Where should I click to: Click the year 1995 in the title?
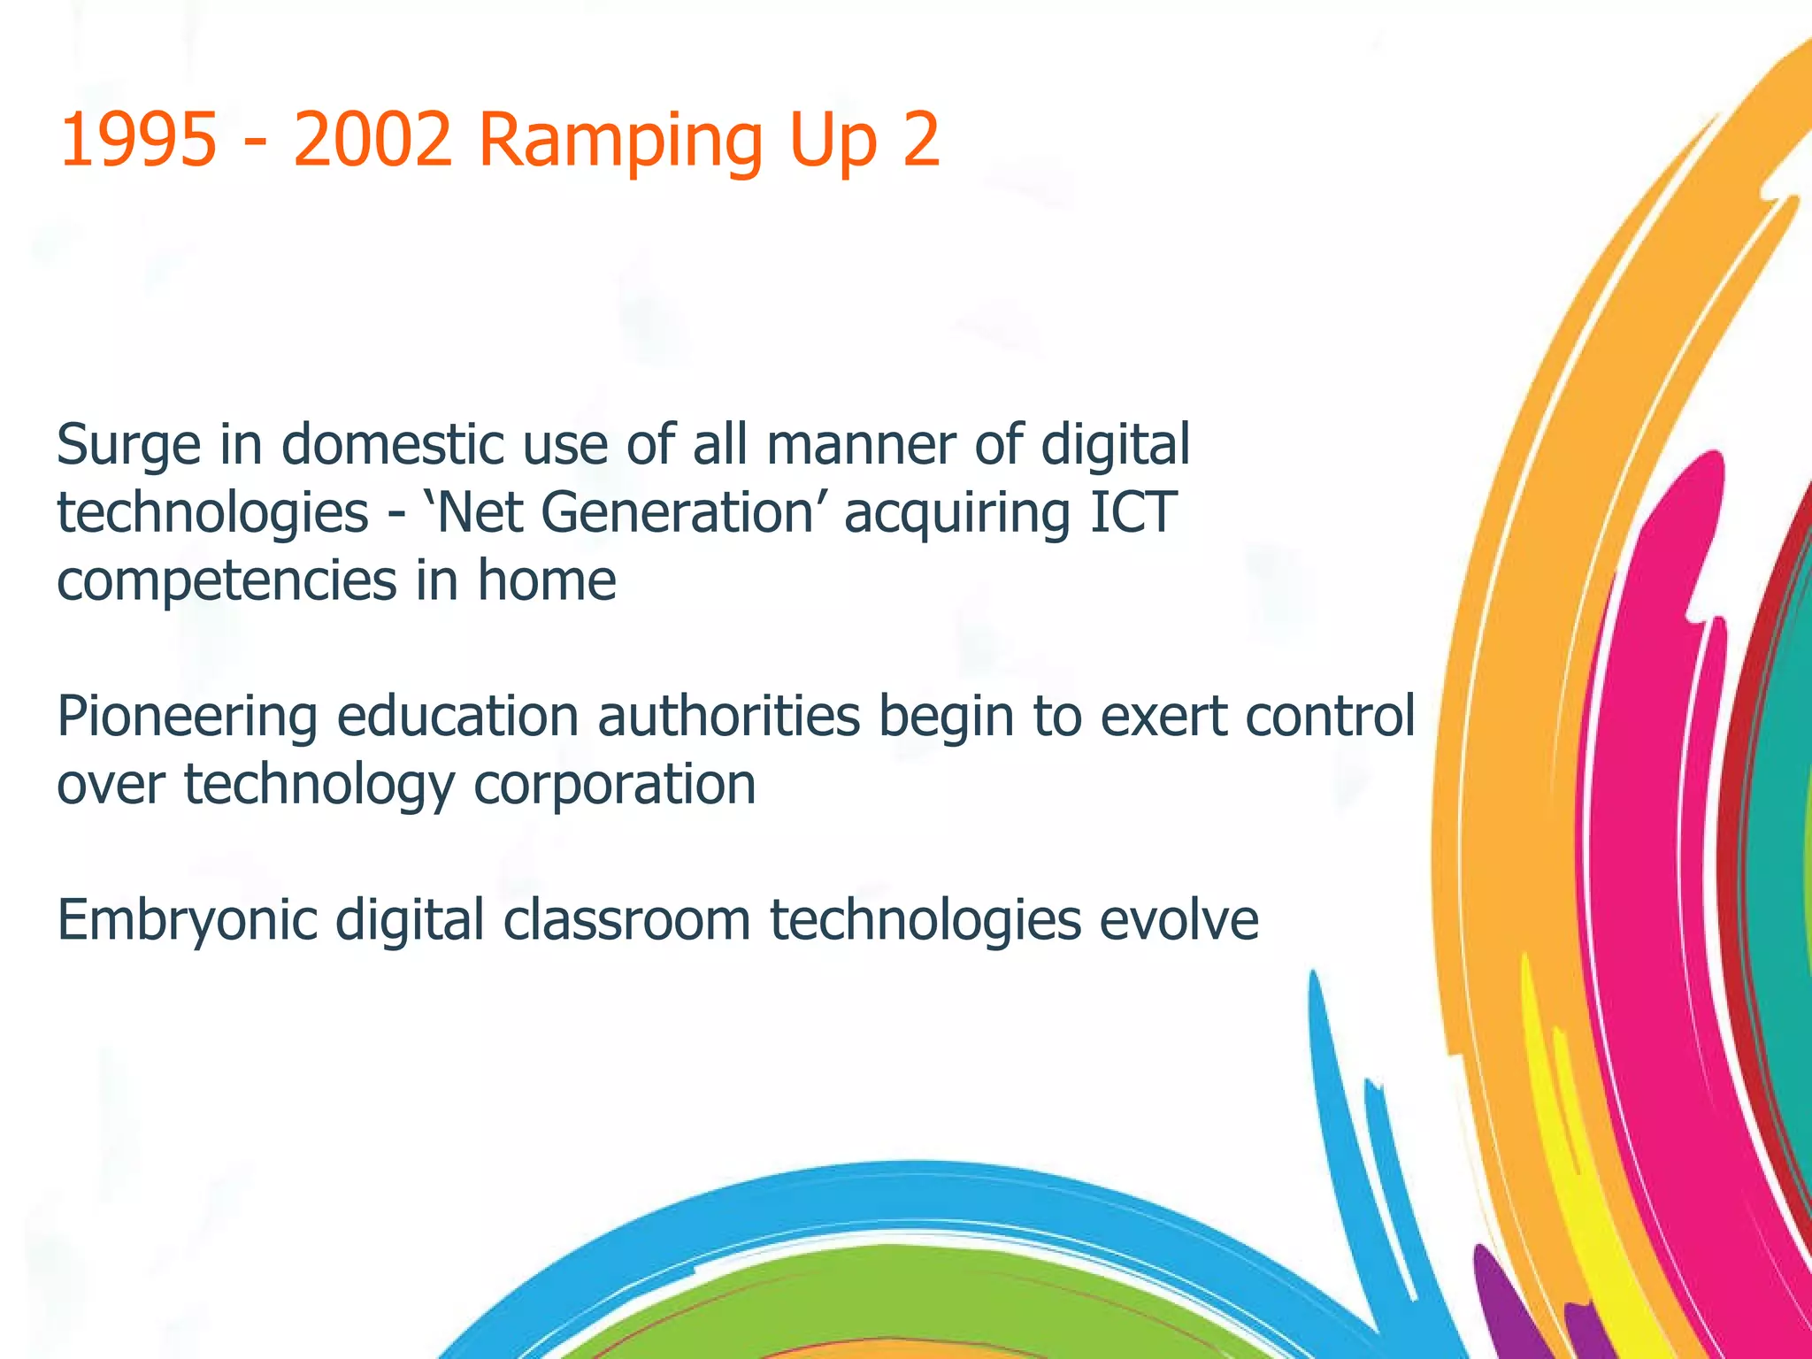(137, 140)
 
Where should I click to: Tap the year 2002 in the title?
(372, 140)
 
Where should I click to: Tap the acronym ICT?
(1132, 512)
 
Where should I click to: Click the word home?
(546, 580)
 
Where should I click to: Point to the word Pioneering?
(187, 718)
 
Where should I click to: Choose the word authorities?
(729, 716)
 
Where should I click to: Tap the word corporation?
(615, 785)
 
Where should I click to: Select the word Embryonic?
(187, 921)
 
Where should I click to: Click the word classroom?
(627, 919)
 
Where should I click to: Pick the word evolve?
(1179, 919)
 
